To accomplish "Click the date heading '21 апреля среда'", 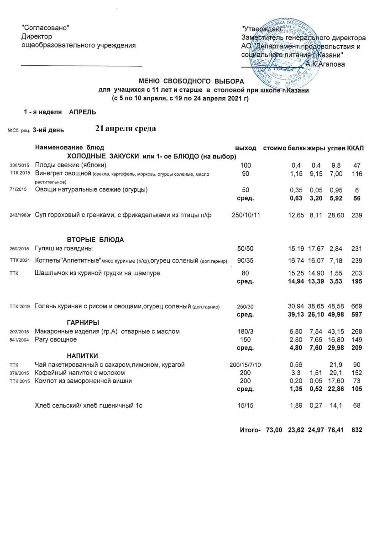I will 126,129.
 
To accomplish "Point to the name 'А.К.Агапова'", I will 325,64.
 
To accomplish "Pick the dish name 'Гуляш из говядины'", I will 64,248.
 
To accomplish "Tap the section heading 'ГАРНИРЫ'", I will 83,322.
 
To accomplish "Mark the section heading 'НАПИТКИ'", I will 82,356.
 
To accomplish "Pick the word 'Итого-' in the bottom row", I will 250,430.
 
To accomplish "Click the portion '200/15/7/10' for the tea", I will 245,364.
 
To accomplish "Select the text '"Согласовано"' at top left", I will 46,28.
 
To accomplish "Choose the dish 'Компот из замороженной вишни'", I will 84,381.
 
